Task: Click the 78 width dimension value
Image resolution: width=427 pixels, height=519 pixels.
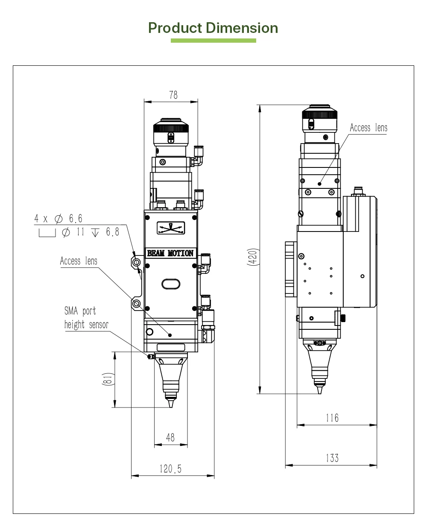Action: [x=173, y=95]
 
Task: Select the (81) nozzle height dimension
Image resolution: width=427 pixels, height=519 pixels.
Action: [x=108, y=379]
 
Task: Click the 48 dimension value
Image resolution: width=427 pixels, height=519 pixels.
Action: [x=170, y=437]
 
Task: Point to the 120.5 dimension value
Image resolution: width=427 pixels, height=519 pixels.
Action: [x=170, y=469]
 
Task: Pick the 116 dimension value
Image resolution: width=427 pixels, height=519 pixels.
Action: [x=332, y=417]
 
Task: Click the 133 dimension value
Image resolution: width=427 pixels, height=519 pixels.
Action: [x=332, y=458]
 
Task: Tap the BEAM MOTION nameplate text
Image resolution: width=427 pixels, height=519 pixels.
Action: [x=170, y=253]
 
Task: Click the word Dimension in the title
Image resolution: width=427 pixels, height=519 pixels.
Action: [x=242, y=28]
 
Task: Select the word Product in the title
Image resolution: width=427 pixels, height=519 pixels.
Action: [x=175, y=28]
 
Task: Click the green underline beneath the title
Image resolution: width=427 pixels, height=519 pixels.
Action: [x=213, y=41]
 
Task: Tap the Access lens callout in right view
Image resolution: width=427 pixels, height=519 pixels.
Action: [x=369, y=128]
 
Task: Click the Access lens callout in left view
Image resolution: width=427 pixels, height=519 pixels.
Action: [x=79, y=261]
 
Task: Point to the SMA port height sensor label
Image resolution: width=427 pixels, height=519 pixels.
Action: [x=86, y=318]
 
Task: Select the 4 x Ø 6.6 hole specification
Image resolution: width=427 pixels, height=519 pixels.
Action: [x=58, y=219]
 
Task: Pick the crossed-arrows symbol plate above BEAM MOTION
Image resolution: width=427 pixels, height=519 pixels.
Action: [x=171, y=228]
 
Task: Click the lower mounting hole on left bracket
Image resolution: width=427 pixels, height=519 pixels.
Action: [x=137, y=304]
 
